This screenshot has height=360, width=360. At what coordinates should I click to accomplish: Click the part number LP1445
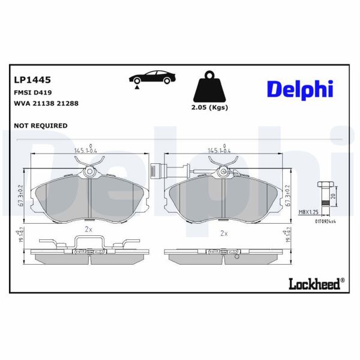[x=32, y=79]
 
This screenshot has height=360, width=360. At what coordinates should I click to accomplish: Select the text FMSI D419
[x=33, y=92]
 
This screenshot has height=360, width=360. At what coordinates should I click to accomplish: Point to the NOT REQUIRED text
[x=40, y=125]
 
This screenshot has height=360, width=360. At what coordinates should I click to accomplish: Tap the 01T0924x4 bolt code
[x=324, y=220]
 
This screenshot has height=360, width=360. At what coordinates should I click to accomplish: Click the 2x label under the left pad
[x=88, y=229]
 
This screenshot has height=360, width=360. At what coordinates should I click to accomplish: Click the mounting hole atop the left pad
[x=89, y=172]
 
